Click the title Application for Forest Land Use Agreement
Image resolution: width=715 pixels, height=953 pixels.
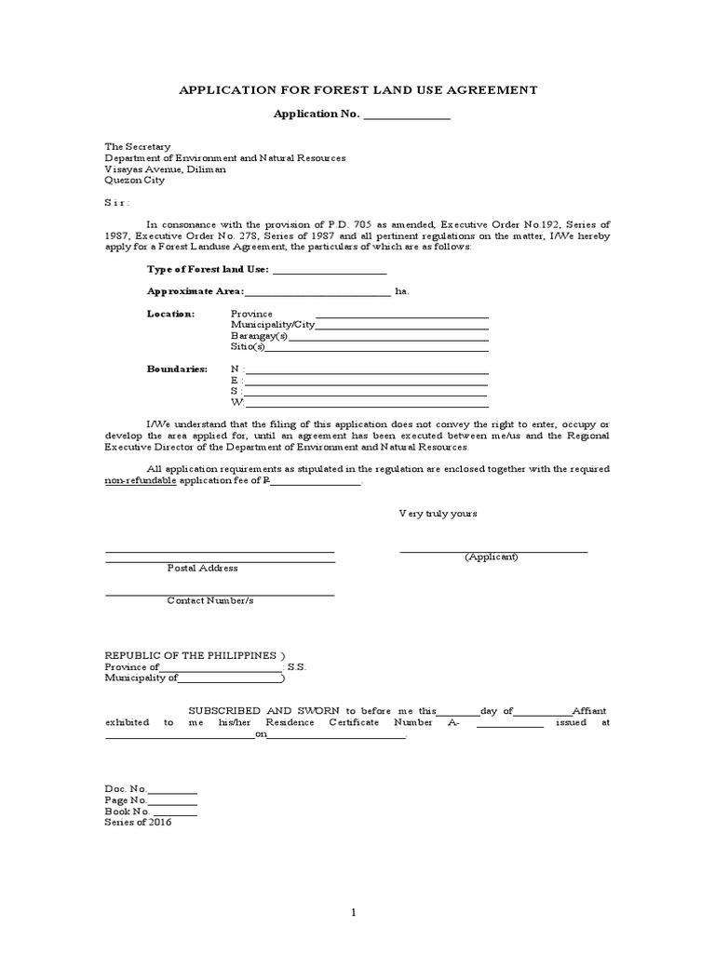[357, 90]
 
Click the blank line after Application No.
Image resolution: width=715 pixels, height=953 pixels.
[406, 115]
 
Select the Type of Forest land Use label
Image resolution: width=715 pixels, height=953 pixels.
[208, 270]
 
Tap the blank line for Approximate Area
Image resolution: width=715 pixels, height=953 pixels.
[317, 292]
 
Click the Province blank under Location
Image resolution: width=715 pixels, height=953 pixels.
[402, 315]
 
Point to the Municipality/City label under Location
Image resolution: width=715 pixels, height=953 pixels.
[273, 325]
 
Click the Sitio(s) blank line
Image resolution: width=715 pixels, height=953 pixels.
[377, 348]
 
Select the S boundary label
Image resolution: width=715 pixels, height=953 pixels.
[235, 392]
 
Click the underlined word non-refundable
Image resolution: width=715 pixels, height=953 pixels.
[140, 481]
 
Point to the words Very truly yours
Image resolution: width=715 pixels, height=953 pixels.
[438, 513]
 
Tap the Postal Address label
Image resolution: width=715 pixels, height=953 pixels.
[202, 568]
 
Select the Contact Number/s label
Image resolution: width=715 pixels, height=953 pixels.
[209, 600]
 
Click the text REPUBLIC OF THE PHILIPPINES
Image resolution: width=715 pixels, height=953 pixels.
[191, 655]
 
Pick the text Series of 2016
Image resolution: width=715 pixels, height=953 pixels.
[138, 823]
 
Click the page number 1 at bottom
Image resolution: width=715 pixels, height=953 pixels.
[354, 913]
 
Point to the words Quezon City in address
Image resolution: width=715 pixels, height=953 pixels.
[134, 181]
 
